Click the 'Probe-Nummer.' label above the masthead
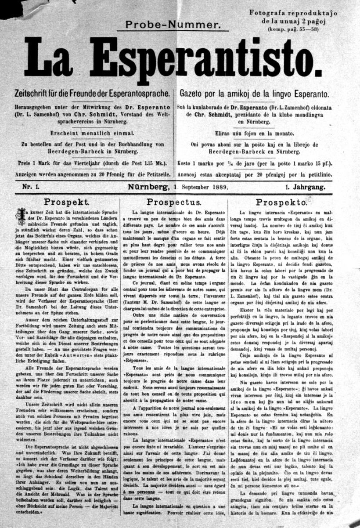click(173, 25)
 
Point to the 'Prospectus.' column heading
click(174, 203)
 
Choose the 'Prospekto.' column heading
click(281, 203)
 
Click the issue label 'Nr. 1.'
click(31, 187)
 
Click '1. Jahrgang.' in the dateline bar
click(306, 187)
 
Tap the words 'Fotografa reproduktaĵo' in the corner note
click(293, 13)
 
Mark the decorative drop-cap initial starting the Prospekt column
click(19, 213)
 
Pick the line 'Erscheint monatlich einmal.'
click(91, 132)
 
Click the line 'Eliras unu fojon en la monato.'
click(254, 133)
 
